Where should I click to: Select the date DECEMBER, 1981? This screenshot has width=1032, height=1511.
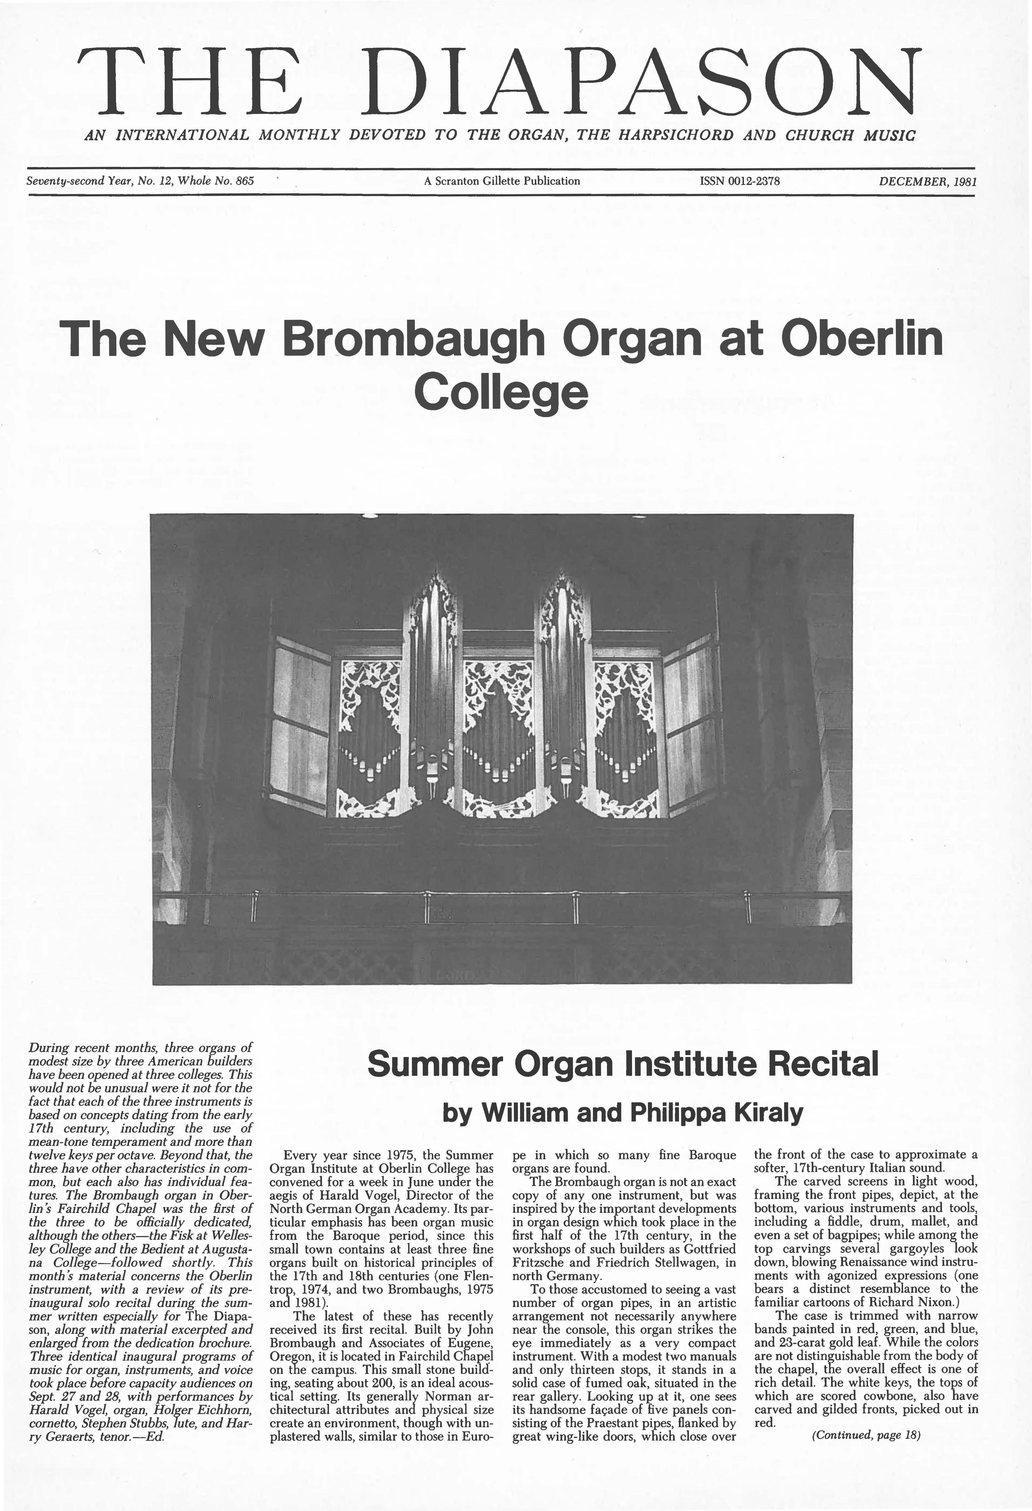tap(927, 181)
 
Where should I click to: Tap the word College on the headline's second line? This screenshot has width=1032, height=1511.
tap(501, 392)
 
